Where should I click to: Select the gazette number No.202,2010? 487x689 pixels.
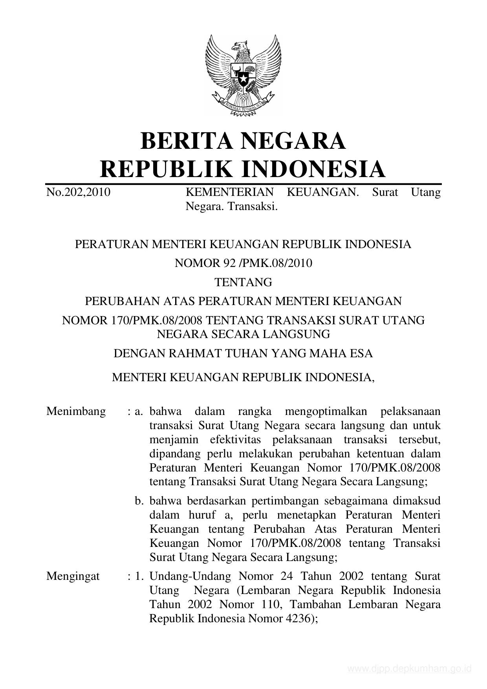click(x=78, y=192)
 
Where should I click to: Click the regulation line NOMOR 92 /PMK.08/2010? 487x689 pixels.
click(x=243, y=263)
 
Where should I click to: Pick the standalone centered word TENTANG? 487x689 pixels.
click(x=243, y=282)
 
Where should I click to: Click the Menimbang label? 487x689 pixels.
click(x=76, y=411)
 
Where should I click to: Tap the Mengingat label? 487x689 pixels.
click(x=73, y=576)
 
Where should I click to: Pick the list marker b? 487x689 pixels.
click(x=138, y=501)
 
